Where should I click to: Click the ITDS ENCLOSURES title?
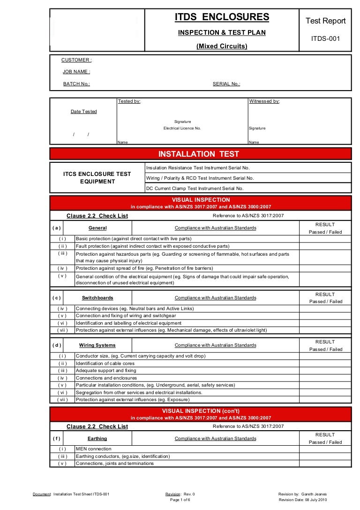pyautogui.click(x=222, y=18)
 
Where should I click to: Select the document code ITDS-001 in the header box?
pyautogui.click(x=325, y=38)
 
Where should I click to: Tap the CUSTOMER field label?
pyautogui.click(x=76, y=60)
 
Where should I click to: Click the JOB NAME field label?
pyautogui.click(x=76, y=72)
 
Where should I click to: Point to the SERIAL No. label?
pyautogui.click(x=226, y=84)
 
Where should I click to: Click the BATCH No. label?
pyautogui.click(x=76, y=84)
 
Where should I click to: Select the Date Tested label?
pyautogui.click(x=84, y=112)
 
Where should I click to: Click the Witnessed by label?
pyautogui.click(x=264, y=101)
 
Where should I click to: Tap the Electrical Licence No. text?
pyautogui.click(x=182, y=128)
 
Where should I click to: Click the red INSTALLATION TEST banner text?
pyautogui.click(x=199, y=154)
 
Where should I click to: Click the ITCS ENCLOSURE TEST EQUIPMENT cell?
pyautogui.click(x=97, y=178)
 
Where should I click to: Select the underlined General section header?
pyautogui.click(x=97, y=228)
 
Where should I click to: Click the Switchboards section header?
pyautogui.click(x=97, y=298)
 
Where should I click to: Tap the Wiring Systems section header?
pyautogui.click(x=97, y=345)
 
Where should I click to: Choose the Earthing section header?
pyautogui.click(x=97, y=439)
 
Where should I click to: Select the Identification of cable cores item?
pyautogui.click(x=105, y=363)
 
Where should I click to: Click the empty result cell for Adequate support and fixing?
pyautogui.click(x=325, y=371)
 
